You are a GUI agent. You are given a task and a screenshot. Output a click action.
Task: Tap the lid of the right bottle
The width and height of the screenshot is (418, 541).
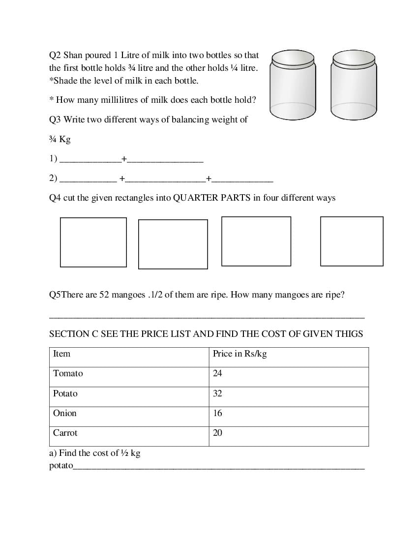tap(354, 60)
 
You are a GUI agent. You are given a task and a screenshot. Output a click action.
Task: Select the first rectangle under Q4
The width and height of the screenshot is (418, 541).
tap(93, 242)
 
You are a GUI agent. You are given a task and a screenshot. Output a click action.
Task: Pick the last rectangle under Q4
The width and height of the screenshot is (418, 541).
tap(352, 241)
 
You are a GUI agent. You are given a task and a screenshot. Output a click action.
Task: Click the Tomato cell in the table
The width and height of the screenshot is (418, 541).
tap(68, 373)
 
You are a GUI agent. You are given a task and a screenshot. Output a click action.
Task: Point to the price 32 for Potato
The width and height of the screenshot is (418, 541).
tap(217, 393)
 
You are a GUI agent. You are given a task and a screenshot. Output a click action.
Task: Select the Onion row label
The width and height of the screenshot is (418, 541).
tap(65, 413)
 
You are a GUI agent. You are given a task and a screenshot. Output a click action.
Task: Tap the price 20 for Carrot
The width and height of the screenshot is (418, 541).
tap(217, 433)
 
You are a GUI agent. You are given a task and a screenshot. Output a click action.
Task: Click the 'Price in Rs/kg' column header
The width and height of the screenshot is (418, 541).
tap(239, 354)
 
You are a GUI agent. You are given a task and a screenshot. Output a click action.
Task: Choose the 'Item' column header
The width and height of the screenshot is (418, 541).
tap(61, 354)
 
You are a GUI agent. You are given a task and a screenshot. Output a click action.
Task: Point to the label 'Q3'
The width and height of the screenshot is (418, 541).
tap(55, 120)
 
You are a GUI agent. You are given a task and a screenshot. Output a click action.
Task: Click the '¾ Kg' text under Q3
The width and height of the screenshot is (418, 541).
tap(60, 139)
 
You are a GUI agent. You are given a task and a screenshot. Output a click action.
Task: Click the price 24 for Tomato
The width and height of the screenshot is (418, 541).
tap(217, 373)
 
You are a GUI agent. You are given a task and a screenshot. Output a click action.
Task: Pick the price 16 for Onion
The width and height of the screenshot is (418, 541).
tap(217, 413)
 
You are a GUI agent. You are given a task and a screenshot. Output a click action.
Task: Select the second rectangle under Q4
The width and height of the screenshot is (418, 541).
tap(173, 244)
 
